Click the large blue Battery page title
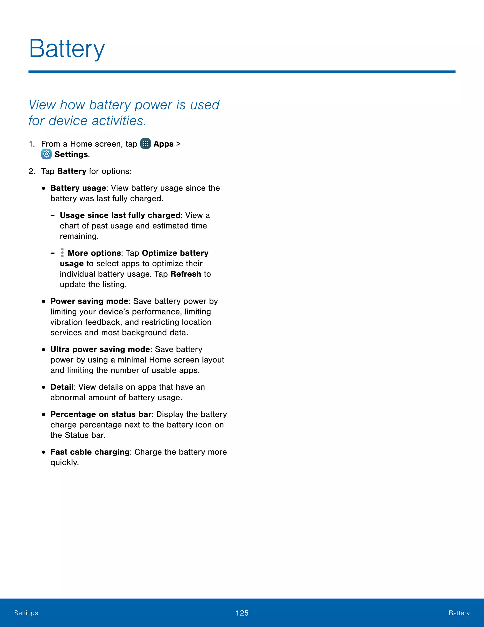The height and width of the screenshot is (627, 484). click(x=67, y=49)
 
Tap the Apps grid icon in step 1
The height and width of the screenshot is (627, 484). click(x=145, y=144)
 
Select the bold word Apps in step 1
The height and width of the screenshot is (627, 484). click(x=164, y=144)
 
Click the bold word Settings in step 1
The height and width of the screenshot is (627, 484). click(x=71, y=155)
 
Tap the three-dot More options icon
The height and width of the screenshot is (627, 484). click(x=62, y=253)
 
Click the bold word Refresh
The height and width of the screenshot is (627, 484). click(x=186, y=274)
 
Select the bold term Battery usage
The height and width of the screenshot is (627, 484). click(x=78, y=188)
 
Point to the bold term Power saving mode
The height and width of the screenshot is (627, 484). click(x=89, y=301)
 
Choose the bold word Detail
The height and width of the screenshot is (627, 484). click(x=62, y=387)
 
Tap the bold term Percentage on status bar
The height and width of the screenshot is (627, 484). click(x=101, y=414)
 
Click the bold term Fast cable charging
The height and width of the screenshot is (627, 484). click(x=90, y=452)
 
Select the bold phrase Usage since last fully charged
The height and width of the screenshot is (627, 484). click(x=120, y=215)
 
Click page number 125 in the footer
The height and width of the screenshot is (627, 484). click(x=242, y=613)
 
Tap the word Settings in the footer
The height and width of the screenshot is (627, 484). click(x=26, y=613)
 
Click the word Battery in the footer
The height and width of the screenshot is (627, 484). click(x=459, y=613)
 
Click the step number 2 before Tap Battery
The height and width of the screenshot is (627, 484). click(x=31, y=171)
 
